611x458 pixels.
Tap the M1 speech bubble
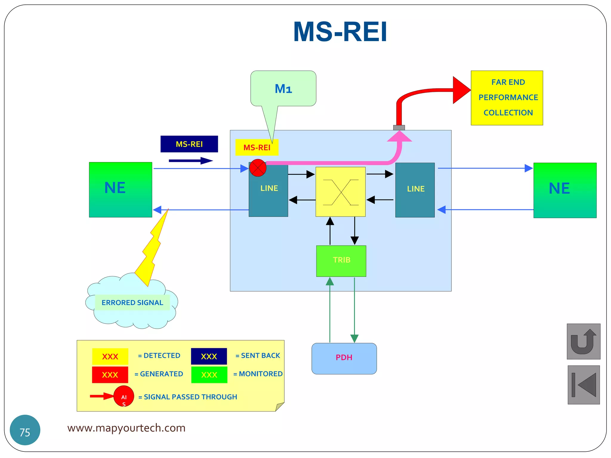click(x=283, y=89)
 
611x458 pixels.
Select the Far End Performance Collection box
click(x=507, y=98)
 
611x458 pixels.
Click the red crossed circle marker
click(x=258, y=168)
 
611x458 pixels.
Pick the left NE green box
click(x=121, y=190)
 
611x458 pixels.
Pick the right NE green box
click(x=565, y=190)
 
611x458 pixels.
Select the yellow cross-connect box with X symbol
click(x=340, y=192)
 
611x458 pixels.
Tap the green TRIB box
click(x=341, y=261)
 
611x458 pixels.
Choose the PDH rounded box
click(x=344, y=358)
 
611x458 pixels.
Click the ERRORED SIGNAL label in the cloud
click(x=132, y=303)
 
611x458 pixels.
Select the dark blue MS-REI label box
click(x=189, y=144)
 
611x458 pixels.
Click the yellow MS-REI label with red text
click(x=257, y=147)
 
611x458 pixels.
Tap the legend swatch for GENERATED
click(x=110, y=375)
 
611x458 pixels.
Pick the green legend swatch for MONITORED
click(x=209, y=375)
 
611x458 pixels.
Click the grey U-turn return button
click(x=583, y=341)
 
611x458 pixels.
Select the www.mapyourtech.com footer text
click(x=126, y=428)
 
